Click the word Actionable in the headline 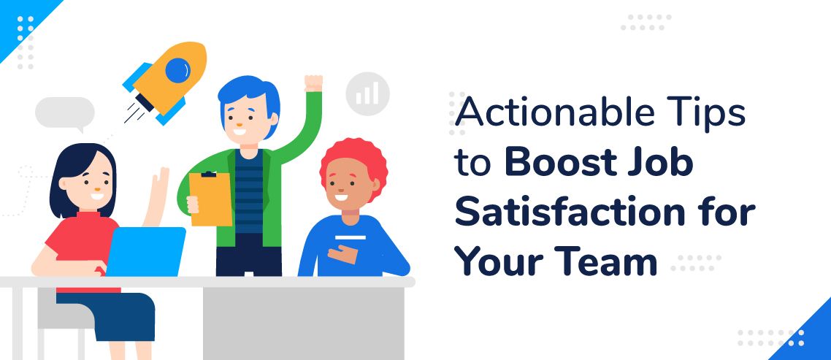(x=547, y=113)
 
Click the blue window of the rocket (x=177, y=69)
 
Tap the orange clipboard (x=210, y=199)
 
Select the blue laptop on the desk (x=146, y=251)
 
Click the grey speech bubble (x=65, y=113)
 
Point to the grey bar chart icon (x=367, y=94)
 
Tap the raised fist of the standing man (x=313, y=83)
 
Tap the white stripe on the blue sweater (x=351, y=237)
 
